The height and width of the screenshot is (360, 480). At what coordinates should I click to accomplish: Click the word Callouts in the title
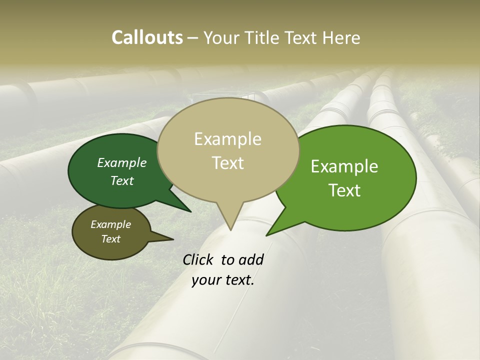point(147,37)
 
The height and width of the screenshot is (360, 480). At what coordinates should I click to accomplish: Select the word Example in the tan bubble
point(227,139)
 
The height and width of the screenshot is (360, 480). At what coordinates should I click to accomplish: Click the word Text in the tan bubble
point(227,163)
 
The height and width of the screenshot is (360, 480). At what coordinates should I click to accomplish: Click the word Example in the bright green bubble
point(344,166)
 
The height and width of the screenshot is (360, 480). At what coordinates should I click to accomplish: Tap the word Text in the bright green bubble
point(344,190)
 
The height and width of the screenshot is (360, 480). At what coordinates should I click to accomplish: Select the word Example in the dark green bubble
point(122,162)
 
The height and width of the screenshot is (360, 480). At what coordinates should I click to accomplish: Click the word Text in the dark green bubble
point(122,180)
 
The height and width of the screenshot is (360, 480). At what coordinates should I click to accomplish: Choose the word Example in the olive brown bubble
point(110,224)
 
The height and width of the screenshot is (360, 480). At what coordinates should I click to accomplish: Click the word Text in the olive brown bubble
point(110,239)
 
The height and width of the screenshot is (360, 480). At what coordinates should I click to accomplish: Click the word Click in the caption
point(198,259)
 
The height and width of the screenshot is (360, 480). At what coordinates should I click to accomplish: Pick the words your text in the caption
point(222,280)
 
